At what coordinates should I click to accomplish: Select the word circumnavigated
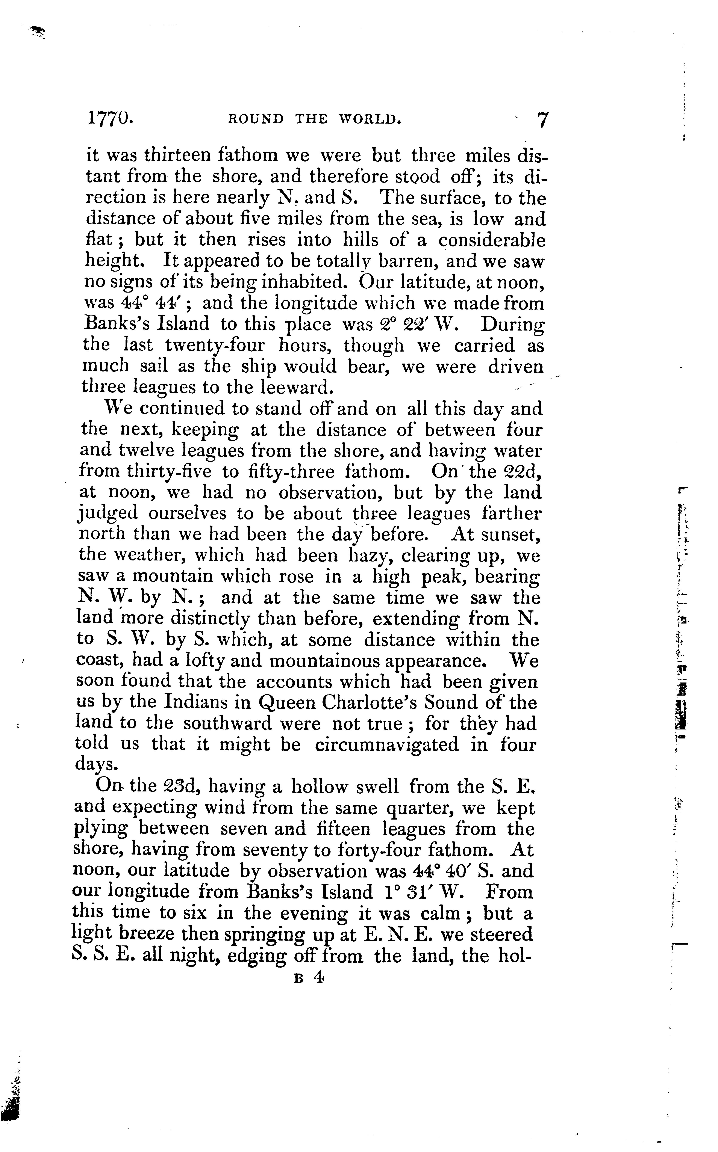tap(386, 744)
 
